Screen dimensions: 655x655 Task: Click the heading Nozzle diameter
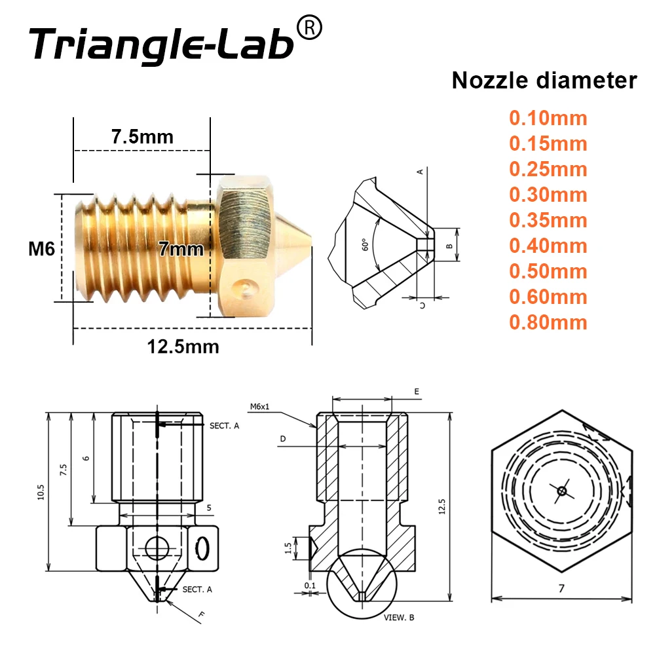pos(544,81)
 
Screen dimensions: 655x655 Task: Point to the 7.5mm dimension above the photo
pos(142,137)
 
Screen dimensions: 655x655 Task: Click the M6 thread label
pos(40,248)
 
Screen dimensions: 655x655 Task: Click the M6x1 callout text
pos(260,406)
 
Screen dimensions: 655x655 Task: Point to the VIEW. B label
pos(398,617)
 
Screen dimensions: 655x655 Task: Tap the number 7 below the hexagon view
pos(561,588)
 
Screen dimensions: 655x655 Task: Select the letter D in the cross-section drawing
pos(283,438)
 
